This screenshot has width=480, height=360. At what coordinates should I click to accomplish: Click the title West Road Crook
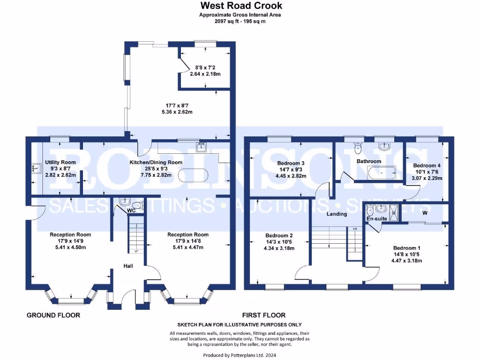[x=241, y=6]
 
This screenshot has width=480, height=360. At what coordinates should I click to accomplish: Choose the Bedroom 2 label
[x=279, y=235]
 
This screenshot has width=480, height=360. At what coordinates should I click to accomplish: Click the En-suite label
[x=377, y=219]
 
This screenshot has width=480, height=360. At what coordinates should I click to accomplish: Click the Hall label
[x=128, y=266]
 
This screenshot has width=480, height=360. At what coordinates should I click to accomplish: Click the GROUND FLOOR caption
[x=53, y=315]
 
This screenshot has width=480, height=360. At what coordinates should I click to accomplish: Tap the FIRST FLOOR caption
[x=264, y=315]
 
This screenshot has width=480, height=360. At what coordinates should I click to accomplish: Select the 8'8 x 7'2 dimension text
[x=205, y=67]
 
